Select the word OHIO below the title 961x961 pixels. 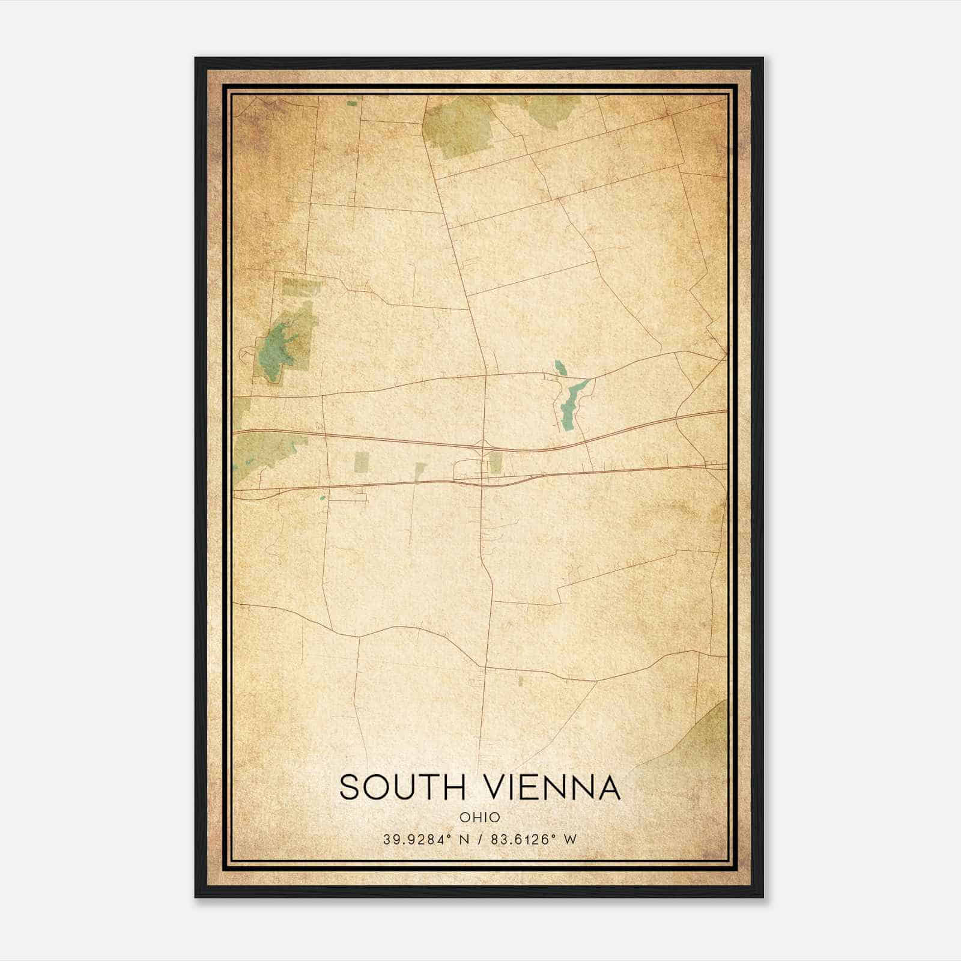coord(480,817)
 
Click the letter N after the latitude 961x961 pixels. coord(464,840)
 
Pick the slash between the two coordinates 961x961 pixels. coord(480,840)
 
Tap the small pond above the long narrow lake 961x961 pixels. coord(560,367)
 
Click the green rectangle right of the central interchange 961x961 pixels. coord(496,462)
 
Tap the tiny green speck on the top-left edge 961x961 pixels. coord(351,103)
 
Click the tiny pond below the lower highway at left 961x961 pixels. coord(323,497)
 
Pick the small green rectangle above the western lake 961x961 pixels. coord(301,287)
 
